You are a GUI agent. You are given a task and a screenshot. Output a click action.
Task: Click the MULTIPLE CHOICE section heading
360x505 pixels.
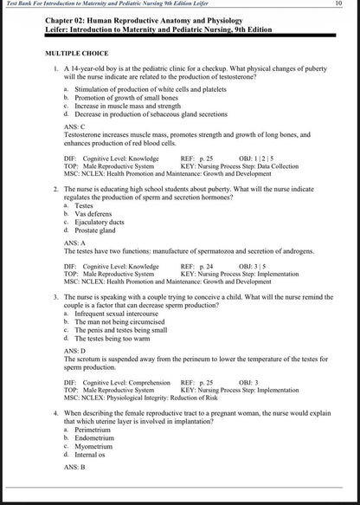(77, 54)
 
